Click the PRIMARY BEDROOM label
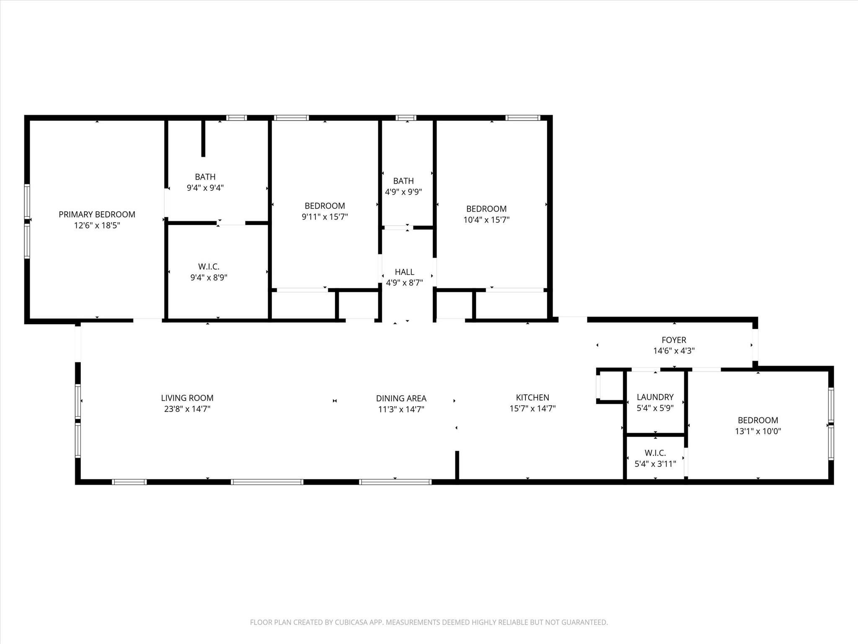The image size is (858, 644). click(97, 215)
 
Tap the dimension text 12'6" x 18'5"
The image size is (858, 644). click(97, 226)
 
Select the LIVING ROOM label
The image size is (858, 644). click(187, 398)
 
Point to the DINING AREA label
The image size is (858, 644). click(401, 399)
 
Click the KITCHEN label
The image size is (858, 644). click(532, 397)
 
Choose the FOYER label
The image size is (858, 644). click(674, 340)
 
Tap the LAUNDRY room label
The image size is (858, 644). click(655, 397)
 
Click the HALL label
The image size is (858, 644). click(404, 272)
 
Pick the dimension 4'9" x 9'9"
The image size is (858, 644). click(403, 192)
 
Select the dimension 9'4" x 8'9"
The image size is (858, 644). click(209, 278)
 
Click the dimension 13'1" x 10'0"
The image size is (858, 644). click(758, 431)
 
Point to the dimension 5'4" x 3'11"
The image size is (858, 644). click(655, 464)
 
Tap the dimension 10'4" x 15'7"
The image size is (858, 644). click(486, 220)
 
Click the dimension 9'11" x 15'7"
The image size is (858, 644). click(325, 217)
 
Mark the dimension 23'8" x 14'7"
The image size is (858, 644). click(187, 409)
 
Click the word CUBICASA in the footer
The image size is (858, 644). click(351, 622)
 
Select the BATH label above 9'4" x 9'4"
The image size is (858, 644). click(205, 177)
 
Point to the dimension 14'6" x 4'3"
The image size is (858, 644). click(674, 351)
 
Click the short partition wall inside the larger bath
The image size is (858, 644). click(203, 138)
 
